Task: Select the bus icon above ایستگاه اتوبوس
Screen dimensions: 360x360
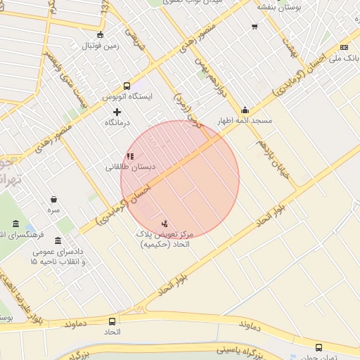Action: (127, 85)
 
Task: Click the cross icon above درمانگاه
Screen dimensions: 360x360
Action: (117, 112)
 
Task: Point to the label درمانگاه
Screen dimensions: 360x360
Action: (117, 123)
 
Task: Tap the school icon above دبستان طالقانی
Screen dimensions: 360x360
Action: (130, 156)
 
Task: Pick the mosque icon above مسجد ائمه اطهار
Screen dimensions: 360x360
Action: (245, 110)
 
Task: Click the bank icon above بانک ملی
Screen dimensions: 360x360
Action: (344, 47)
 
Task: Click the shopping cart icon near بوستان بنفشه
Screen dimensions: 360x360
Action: (254, 27)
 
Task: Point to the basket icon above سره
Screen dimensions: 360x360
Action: (54, 199)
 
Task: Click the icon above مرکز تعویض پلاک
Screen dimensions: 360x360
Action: (165, 223)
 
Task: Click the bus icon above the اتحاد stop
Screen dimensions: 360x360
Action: (112, 321)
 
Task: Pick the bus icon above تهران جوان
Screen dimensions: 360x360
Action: (319, 347)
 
